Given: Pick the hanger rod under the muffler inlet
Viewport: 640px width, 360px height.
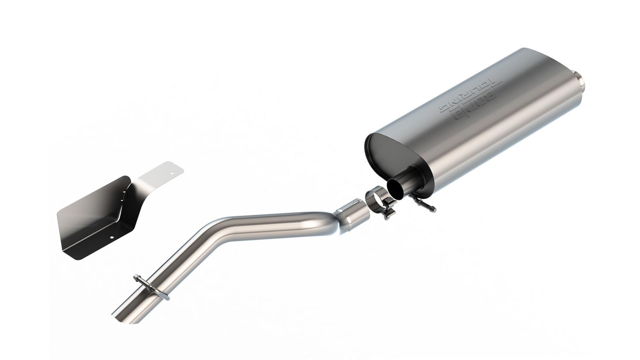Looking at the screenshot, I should pyautogui.click(x=426, y=205).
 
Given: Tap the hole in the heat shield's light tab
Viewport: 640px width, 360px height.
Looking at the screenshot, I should pyautogui.click(x=172, y=173).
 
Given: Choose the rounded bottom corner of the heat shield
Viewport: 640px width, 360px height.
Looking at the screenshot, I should pyautogui.click(x=70, y=254).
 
